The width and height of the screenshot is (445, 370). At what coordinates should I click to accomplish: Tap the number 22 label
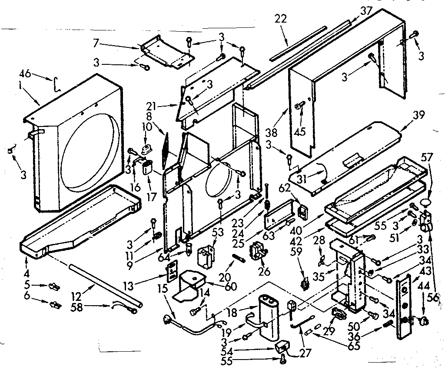coord(281,19)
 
